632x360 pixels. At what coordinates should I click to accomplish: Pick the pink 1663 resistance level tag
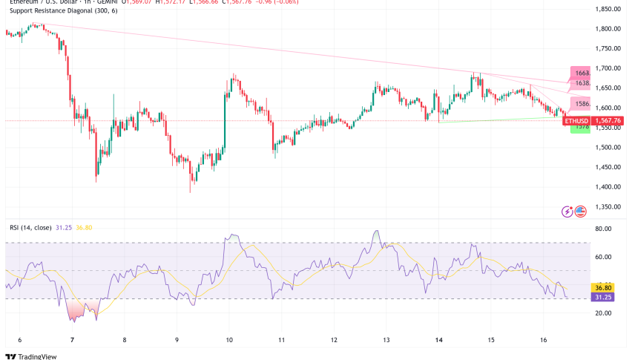click(x=579, y=72)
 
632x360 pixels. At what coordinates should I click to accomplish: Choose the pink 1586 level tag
click(x=579, y=105)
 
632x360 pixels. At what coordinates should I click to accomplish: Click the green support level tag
click(x=579, y=128)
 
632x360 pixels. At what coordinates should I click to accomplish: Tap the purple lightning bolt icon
click(x=568, y=212)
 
